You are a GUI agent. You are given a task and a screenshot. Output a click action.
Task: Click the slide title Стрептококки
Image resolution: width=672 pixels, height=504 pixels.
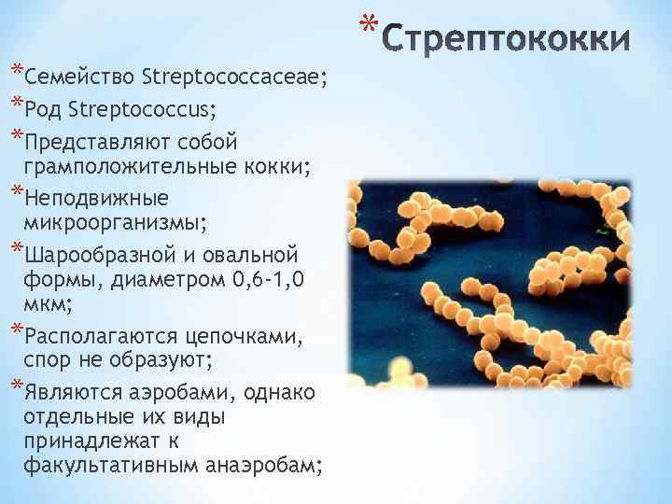[507, 41]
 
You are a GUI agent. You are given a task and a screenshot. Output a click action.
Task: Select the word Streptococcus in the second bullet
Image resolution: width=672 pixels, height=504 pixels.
[148, 111]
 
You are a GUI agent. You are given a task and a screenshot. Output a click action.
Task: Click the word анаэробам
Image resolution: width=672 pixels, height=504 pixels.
[263, 465]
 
